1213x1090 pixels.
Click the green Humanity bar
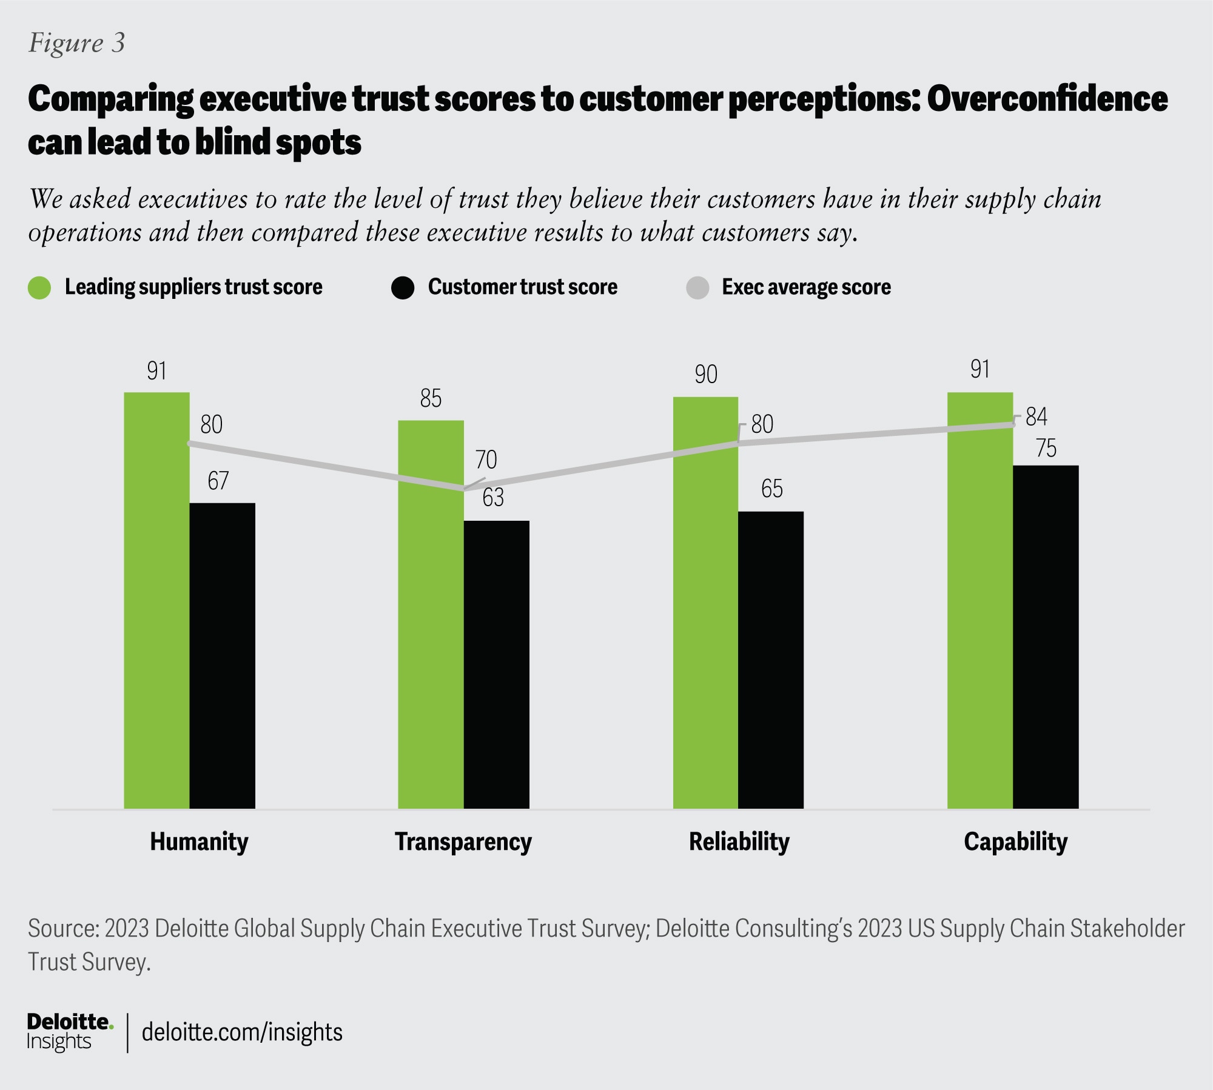[156, 600]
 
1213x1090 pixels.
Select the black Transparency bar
[496, 664]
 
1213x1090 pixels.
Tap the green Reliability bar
[705, 603]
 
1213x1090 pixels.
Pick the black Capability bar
[1046, 637]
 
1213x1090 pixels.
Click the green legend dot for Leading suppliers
[39, 287]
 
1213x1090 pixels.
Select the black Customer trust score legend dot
[403, 287]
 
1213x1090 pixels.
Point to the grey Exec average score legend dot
[697, 287]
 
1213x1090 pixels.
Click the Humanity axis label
[199, 841]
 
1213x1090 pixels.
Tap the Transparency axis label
[463, 841]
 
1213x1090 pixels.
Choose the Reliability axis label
[739, 841]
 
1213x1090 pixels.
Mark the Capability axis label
[1016, 841]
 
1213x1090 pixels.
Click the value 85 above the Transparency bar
[431, 398]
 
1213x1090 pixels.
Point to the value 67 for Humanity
[218, 481]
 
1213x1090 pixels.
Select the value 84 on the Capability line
[1037, 416]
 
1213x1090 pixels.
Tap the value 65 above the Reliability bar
[772, 489]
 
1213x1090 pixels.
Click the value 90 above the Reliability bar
[706, 374]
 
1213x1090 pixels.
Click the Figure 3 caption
[77, 43]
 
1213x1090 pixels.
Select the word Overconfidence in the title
[1047, 99]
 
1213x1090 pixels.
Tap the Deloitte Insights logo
[69, 1031]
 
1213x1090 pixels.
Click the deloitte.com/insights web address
[242, 1032]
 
